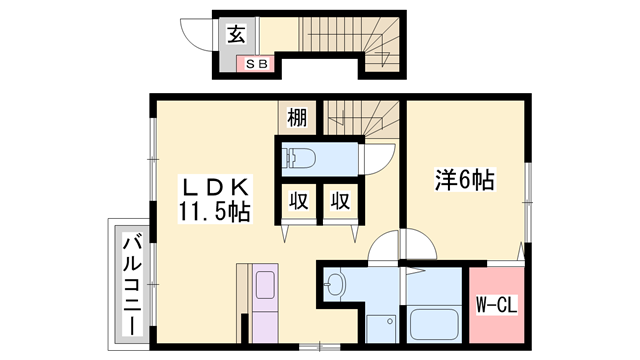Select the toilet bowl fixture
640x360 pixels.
(x=299, y=158)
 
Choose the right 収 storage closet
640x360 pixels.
(x=340, y=201)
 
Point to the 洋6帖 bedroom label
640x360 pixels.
(x=466, y=181)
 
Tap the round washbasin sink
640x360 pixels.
(x=336, y=288)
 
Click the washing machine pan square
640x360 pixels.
(x=380, y=326)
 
